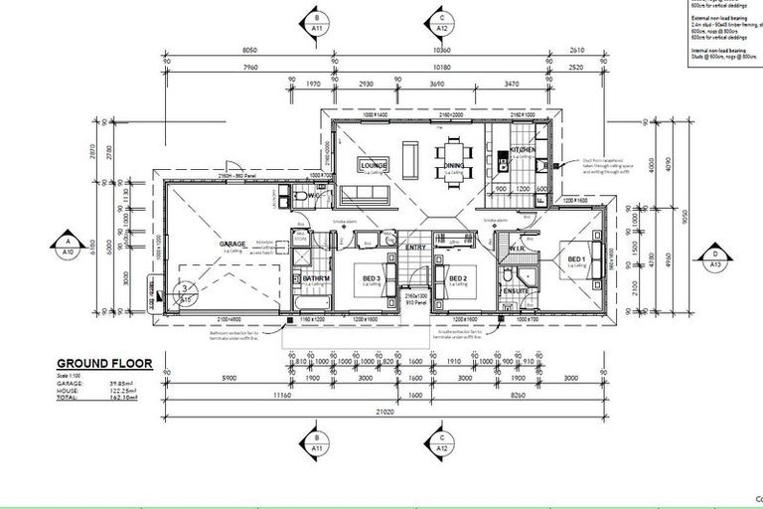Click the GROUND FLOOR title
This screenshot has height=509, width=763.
(104, 363)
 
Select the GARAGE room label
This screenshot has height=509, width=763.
(231, 244)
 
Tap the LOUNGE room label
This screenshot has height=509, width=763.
(374, 165)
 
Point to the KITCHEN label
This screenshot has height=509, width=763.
(524, 151)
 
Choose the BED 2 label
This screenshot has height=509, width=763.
(458, 278)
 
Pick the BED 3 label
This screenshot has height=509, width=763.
(372, 278)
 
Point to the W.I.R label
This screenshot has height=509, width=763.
(517, 248)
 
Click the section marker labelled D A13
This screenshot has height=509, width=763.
(714, 258)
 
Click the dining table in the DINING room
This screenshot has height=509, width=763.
(454, 157)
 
